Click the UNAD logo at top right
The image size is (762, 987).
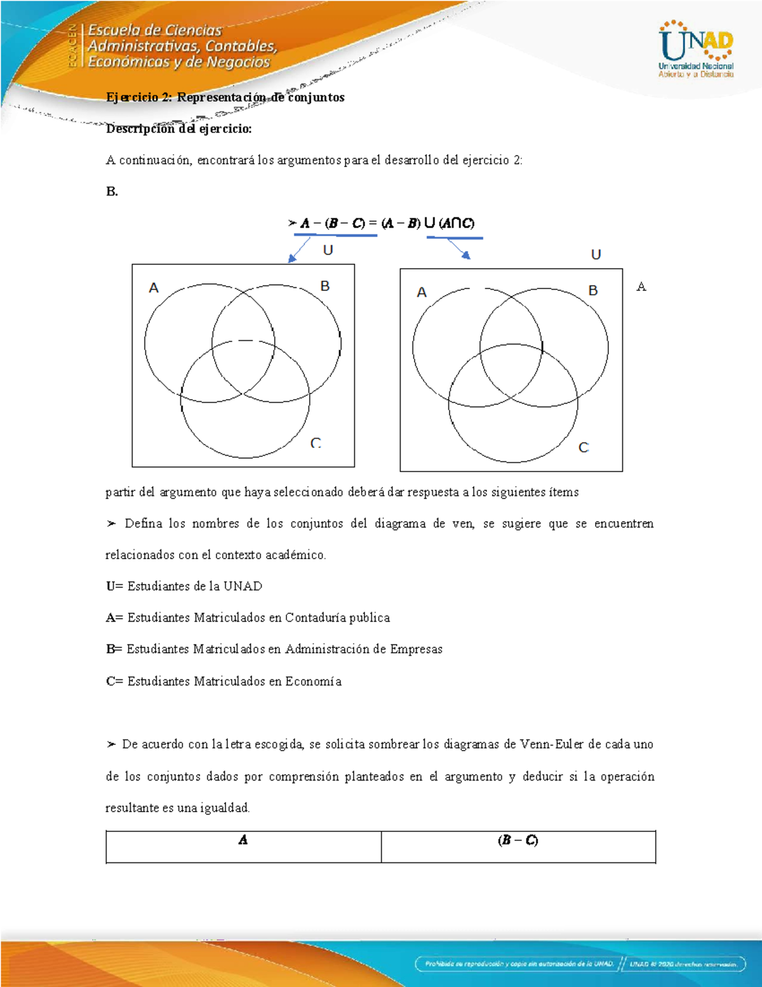coord(696,49)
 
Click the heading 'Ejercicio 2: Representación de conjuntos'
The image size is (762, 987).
coord(225,97)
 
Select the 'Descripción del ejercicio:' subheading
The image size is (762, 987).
coord(178,129)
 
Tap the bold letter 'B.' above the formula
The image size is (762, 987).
coord(112,192)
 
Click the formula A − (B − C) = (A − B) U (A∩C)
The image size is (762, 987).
coord(381,223)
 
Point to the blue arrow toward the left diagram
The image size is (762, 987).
coord(298,250)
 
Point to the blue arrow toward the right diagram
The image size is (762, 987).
coord(459,248)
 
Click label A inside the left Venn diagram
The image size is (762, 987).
coord(154,289)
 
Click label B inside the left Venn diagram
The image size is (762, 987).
coord(325,286)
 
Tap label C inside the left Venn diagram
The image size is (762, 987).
coord(316,443)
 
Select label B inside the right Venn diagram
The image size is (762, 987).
coord(593,290)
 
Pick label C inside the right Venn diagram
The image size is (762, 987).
coord(584,447)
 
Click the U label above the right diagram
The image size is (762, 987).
coord(596,255)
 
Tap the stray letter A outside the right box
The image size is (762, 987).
coord(641,287)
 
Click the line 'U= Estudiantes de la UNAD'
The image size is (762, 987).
coord(184,586)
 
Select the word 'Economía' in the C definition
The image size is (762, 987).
coord(313,681)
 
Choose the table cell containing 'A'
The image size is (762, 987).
coord(243,847)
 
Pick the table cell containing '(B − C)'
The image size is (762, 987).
coord(518,847)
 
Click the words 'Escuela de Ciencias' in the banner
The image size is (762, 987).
coord(155,30)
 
